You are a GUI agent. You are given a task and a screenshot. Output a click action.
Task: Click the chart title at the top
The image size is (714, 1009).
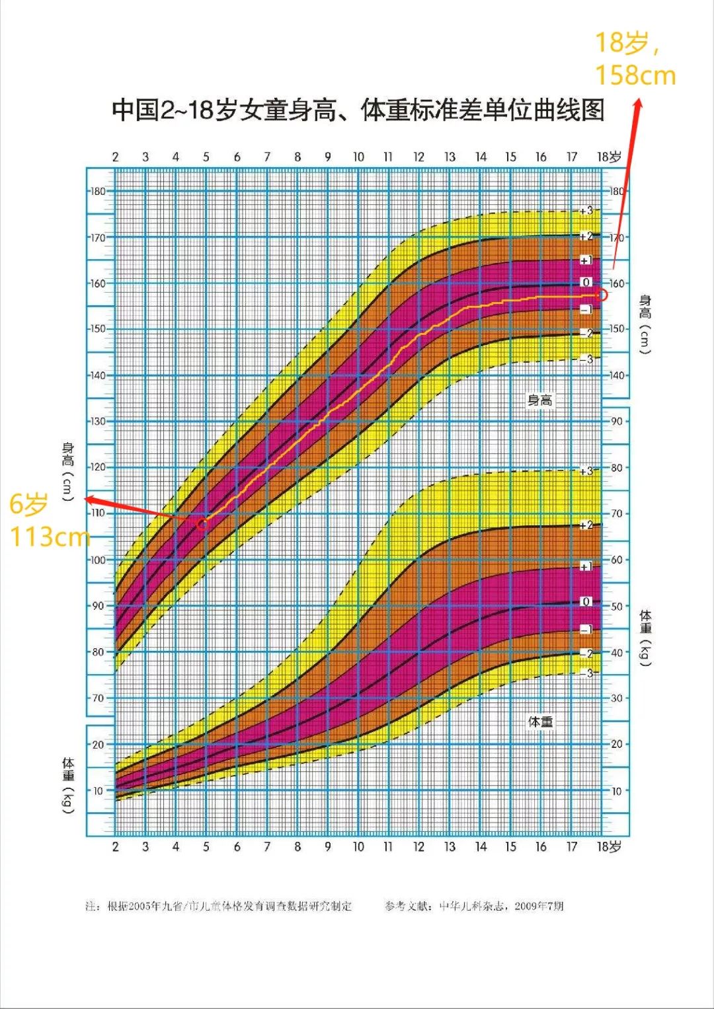pyautogui.click(x=358, y=110)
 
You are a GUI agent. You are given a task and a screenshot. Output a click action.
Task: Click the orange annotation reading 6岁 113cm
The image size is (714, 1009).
pyautogui.click(x=48, y=521)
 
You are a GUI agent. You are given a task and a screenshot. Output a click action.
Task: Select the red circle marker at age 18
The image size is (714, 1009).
pyautogui.click(x=602, y=295)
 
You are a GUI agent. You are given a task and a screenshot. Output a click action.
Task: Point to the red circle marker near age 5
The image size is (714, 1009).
pyautogui.click(x=202, y=524)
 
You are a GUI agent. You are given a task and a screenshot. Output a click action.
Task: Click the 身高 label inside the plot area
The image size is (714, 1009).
pyautogui.click(x=539, y=400)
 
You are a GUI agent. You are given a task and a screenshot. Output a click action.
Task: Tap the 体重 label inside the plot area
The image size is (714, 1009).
pyautogui.click(x=540, y=722)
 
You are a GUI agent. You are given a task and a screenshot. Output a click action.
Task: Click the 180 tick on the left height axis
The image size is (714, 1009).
pyautogui.click(x=98, y=192)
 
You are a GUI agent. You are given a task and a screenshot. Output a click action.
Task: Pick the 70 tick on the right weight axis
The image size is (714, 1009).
pyautogui.click(x=616, y=513)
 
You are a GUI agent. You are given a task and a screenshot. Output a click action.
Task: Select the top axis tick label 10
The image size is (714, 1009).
pyautogui.click(x=358, y=157)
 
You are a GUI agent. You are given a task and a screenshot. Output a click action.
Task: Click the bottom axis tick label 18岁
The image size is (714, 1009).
pyautogui.click(x=609, y=846)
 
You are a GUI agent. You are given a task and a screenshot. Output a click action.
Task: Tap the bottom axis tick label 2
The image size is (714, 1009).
pyautogui.click(x=115, y=846)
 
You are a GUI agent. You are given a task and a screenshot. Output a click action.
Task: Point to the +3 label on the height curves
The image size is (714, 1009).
pyautogui.click(x=586, y=211)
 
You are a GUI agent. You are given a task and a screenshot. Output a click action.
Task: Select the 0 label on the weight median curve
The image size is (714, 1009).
pyautogui.click(x=586, y=601)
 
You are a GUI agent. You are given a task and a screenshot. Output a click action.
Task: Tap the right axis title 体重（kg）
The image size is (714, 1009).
pyautogui.click(x=645, y=638)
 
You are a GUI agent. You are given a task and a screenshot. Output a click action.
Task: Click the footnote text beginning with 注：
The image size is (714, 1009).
pyautogui.click(x=219, y=906)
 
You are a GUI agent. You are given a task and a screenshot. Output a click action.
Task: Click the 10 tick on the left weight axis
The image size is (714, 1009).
pyautogui.click(x=98, y=790)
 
